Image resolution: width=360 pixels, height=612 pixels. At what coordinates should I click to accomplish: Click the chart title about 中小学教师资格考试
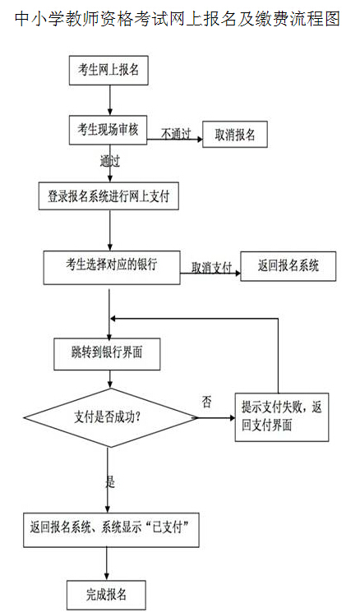click(x=178, y=18)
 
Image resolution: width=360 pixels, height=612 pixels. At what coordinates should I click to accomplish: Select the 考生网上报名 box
click(x=108, y=71)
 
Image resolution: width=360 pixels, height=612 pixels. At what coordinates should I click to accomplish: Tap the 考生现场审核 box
click(x=108, y=130)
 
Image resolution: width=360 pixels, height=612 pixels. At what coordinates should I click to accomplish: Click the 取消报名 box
click(x=235, y=135)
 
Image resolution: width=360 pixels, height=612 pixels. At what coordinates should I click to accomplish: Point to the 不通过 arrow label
click(x=176, y=134)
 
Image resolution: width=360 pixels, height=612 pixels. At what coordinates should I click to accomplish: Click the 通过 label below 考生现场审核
click(x=109, y=161)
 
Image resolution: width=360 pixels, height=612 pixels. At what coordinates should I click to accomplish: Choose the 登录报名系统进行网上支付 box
click(x=108, y=196)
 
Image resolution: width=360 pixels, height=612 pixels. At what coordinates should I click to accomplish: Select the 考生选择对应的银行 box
click(x=112, y=268)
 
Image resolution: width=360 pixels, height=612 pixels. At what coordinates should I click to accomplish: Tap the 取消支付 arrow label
click(x=211, y=268)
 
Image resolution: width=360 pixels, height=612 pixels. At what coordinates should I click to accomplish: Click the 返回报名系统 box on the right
click(x=288, y=266)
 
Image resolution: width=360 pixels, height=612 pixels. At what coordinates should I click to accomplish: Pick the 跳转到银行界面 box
click(x=107, y=354)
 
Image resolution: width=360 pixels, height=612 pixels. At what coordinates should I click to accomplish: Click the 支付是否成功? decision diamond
click(x=110, y=417)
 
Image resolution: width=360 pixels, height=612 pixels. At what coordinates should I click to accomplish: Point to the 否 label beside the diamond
click(x=206, y=402)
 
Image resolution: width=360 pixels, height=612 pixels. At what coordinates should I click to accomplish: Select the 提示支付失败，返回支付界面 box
click(x=282, y=417)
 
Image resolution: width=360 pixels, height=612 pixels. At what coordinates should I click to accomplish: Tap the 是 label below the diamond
click(x=110, y=482)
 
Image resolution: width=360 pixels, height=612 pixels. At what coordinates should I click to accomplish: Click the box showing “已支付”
click(x=111, y=530)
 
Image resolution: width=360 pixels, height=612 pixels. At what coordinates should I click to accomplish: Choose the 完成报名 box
click(x=106, y=595)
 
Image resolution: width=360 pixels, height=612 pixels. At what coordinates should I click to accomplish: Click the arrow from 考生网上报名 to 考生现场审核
click(x=110, y=100)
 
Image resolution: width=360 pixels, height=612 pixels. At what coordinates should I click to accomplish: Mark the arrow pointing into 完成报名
click(x=107, y=564)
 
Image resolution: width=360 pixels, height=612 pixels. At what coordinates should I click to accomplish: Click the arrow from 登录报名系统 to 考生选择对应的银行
click(x=110, y=230)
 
